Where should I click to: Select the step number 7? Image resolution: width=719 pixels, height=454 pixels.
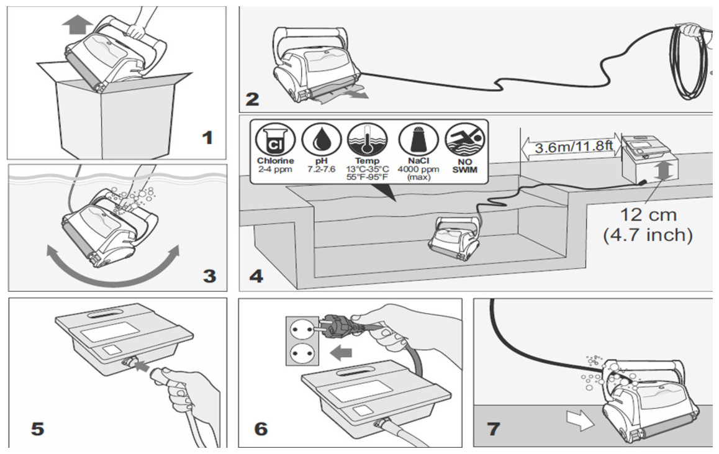(x=493, y=429)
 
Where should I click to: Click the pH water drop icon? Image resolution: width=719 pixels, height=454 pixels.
(x=322, y=140)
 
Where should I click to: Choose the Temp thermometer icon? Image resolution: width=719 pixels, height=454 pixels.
(x=366, y=140)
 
